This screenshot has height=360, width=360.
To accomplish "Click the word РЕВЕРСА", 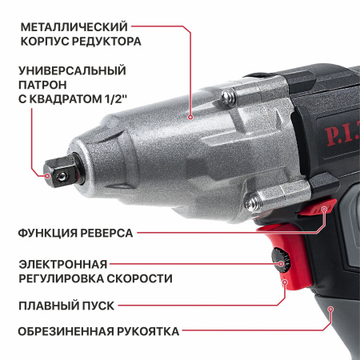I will coord(105,234).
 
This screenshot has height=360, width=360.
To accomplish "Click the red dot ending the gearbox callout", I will coord(191,117).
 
